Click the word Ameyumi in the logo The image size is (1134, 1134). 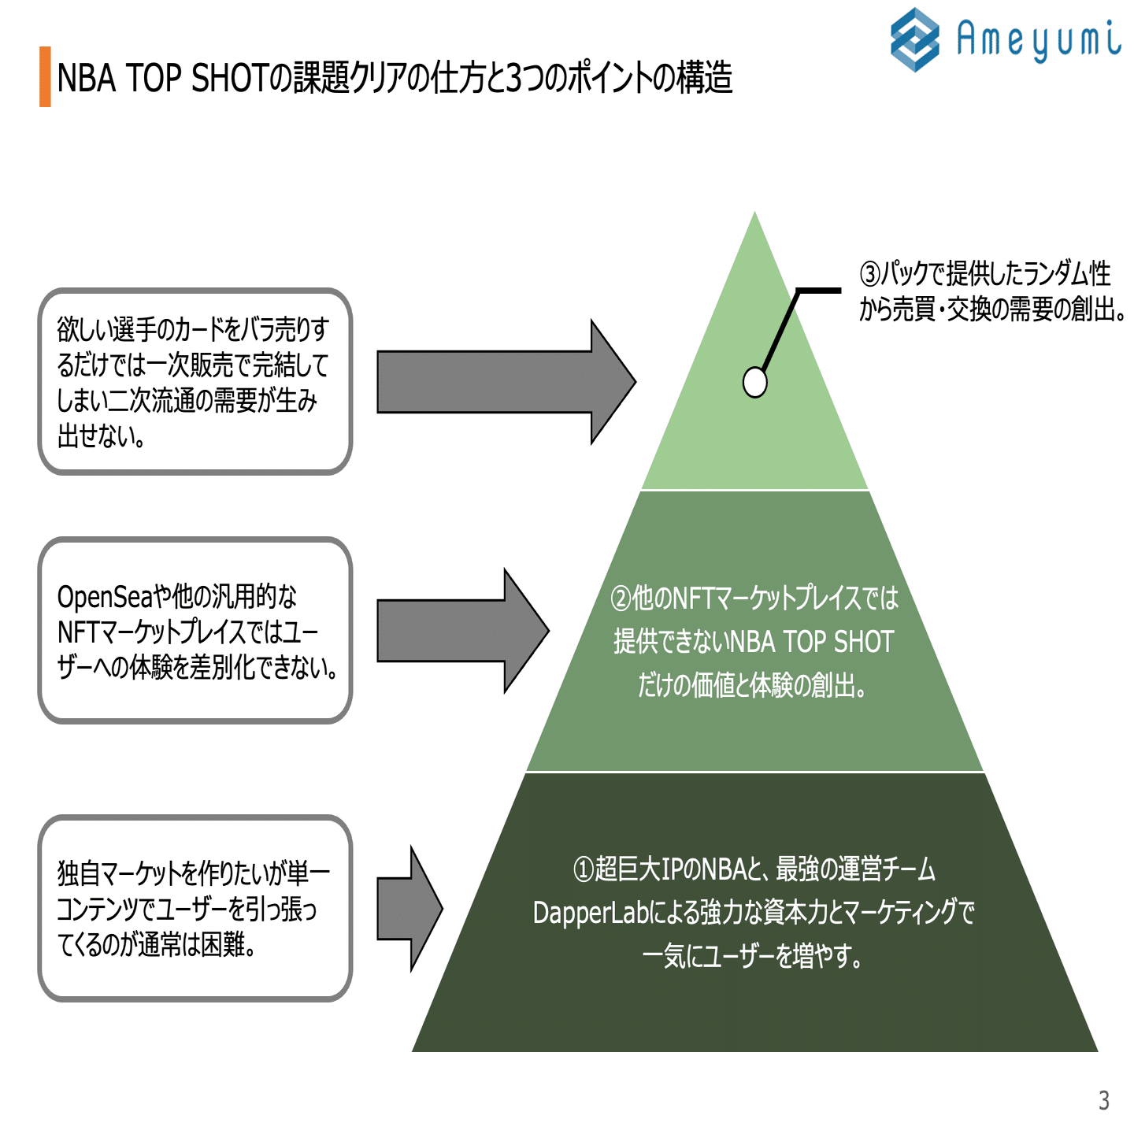pos(1039,39)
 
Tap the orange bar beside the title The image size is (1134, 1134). pos(45,76)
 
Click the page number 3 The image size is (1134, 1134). pos(1103,1100)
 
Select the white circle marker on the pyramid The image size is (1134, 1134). pos(754,383)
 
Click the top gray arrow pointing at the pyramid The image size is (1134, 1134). pos(504,382)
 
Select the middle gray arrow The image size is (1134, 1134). pos(461,631)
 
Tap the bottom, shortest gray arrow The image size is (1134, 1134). pos(409,909)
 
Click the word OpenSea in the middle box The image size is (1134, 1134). pos(104,597)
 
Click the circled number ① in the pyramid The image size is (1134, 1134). pos(583,869)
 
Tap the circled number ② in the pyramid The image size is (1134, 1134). pos(621,598)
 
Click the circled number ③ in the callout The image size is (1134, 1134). pos(869,274)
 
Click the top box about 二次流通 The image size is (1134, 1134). pos(195,382)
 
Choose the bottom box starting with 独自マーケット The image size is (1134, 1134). pos(195,908)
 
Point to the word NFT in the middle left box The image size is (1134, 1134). pos(76,632)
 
